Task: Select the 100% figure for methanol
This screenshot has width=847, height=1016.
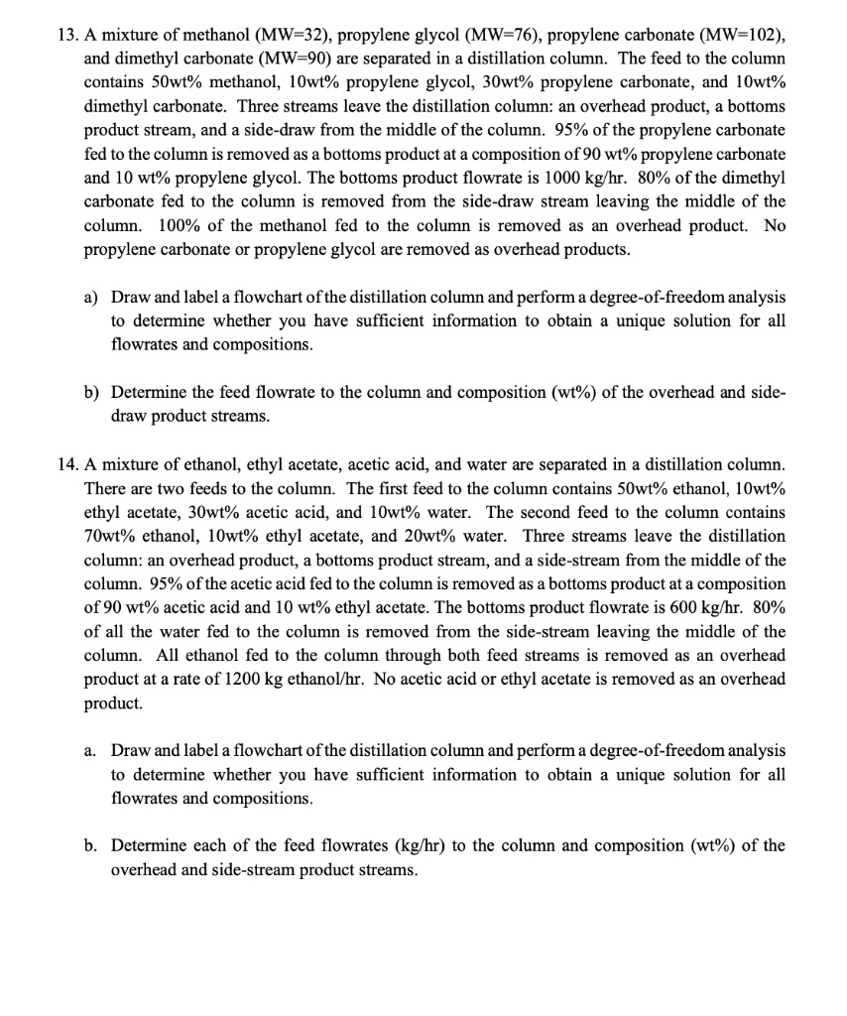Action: (170, 225)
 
